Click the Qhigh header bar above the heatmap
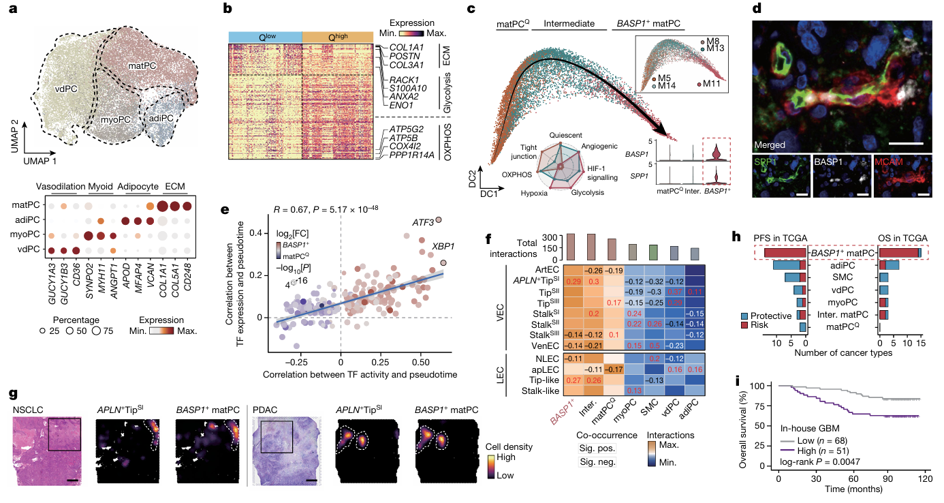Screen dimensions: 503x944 [336, 37]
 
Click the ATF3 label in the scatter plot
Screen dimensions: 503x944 [422, 222]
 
